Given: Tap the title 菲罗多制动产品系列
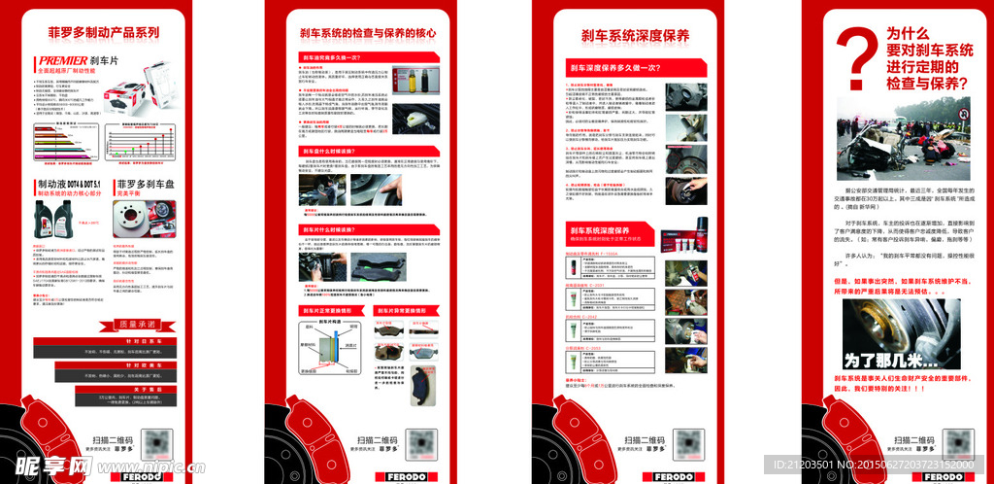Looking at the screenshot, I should coord(104,32).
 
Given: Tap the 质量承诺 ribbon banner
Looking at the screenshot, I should coord(104,324).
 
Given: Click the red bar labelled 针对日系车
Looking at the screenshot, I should coord(105,342).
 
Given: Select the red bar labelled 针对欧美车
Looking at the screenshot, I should coord(105,363).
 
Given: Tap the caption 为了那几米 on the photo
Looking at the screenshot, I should coord(880,361).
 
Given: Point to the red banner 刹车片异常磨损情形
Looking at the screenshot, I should coord(406,311).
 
